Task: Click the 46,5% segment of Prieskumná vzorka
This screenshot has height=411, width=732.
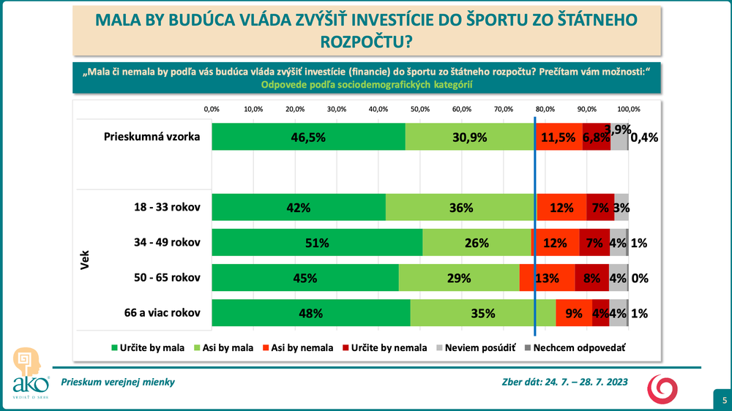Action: click(x=308, y=137)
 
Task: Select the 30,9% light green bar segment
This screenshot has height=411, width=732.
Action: click(x=470, y=137)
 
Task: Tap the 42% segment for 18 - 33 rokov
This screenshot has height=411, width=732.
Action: click(x=299, y=207)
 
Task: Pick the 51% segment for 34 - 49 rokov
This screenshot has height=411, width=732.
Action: click(x=317, y=243)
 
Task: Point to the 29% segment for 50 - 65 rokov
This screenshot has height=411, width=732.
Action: click(x=459, y=278)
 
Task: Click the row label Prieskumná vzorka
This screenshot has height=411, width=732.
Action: click(x=152, y=137)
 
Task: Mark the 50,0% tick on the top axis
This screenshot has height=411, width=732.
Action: click(x=420, y=109)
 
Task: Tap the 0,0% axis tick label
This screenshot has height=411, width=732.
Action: click(x=212, y=109)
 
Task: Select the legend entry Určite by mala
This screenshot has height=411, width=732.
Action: click(x=147, y=348)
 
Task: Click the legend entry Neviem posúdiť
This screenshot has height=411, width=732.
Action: click(x=476, y=348)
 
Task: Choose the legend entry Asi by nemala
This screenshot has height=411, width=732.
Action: click(x=296, y=348)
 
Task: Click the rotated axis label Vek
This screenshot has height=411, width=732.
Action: click(x=83, y=260)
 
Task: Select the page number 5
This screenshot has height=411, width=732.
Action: click(x=723, y=400)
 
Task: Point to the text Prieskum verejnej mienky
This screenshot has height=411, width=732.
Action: click(x=118, y=382)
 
